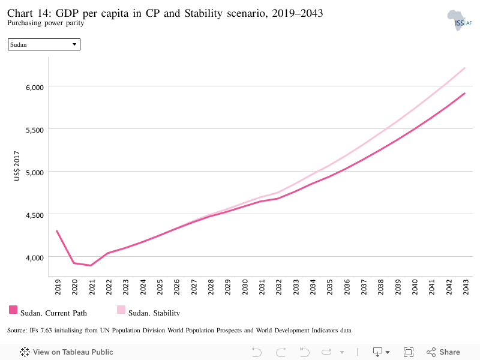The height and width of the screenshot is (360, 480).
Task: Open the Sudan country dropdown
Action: (44, 44)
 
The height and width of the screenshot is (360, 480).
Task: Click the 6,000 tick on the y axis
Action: (35, 88)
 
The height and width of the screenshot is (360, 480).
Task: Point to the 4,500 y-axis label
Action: (35, 215)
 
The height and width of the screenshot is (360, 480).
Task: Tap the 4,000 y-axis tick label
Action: (35, 258)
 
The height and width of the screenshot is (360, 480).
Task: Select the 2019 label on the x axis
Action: (58, 287)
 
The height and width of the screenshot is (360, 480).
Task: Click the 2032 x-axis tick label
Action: (278, 287)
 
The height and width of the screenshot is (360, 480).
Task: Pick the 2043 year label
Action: (466, 287)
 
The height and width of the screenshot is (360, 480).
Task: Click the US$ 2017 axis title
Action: (17, 166)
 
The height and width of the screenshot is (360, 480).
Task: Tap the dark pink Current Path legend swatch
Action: (13, 310)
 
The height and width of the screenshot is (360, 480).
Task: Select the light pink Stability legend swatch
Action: (121, 310)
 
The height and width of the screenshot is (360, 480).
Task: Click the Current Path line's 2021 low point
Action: (91, 265)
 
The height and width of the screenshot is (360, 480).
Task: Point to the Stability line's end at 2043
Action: (464, 68)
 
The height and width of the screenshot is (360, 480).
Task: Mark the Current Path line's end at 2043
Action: (464, 94)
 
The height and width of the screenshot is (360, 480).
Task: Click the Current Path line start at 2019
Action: (57, 231)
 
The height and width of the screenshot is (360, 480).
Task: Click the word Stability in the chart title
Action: (203, 13)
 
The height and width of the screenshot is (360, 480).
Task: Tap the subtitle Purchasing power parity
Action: (46, 23)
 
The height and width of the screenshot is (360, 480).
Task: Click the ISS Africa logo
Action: (460, 20)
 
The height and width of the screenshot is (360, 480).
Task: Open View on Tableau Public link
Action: (67, 352)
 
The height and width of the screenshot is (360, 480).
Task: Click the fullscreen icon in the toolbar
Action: (409, 352)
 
